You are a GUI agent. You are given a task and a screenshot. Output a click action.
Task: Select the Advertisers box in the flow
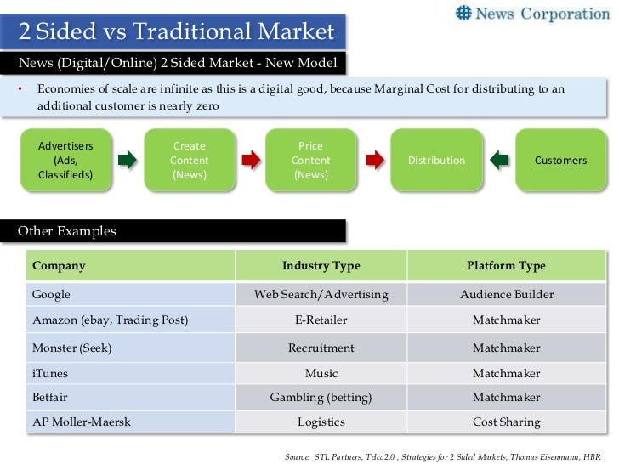coord(65,161)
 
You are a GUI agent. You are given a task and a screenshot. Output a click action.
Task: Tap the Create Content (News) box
coord(189,161)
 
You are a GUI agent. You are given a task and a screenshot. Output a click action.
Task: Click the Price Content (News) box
coord(310,161)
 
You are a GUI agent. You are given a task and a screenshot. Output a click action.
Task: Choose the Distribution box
coord(436,161)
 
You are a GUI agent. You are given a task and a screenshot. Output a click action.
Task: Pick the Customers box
coord(560,161)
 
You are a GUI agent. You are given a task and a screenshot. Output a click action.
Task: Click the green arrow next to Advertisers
coord(127,160)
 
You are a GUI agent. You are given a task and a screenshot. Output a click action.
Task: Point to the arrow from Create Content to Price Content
coord(250,160)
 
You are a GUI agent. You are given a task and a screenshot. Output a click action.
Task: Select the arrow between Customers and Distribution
coord(499,160)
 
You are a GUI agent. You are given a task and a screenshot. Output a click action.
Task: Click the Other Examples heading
coord(67,231)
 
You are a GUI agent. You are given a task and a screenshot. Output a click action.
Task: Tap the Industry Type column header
coord(321,265)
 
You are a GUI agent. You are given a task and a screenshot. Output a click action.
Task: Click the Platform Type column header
coord(506,265)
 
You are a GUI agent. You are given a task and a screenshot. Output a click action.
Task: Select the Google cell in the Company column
coord(51,295)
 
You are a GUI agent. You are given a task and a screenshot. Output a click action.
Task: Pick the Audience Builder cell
coord(506,295)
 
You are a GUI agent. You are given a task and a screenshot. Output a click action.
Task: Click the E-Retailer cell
coord(321,320)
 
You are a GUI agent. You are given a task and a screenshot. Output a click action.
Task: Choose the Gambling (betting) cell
coord(321,397)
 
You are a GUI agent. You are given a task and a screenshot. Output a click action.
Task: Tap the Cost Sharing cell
coord(506,422)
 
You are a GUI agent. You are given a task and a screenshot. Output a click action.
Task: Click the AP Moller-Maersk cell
coord(82,422)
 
